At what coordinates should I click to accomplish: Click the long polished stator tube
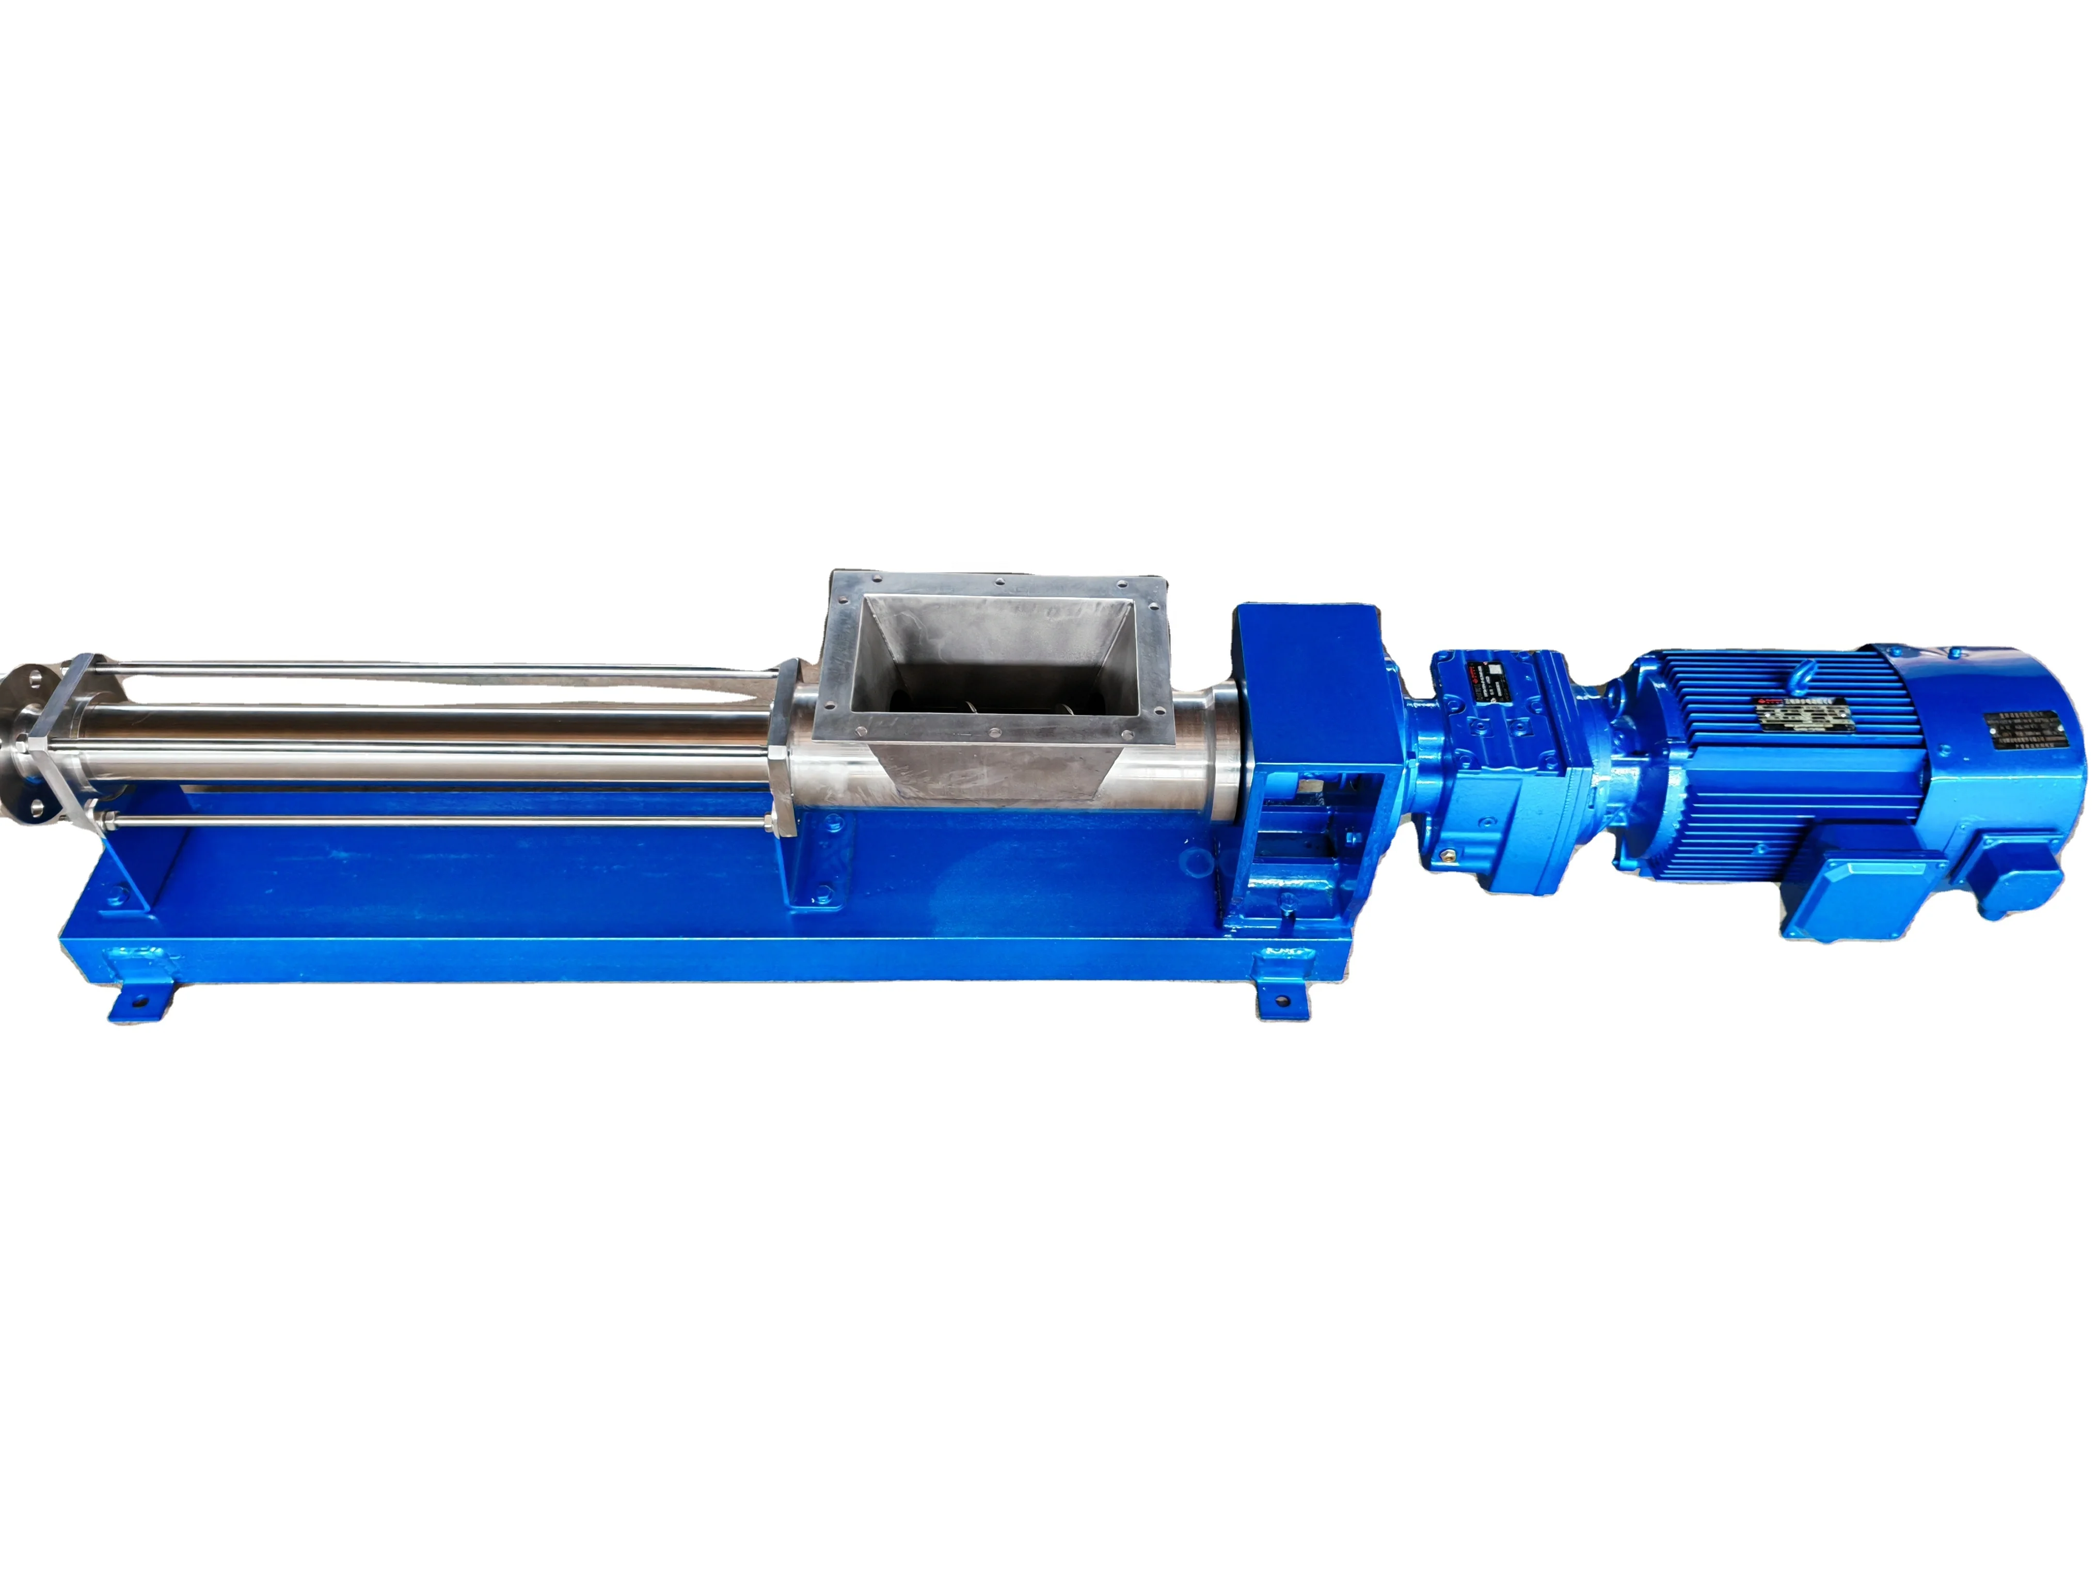point(427,731)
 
